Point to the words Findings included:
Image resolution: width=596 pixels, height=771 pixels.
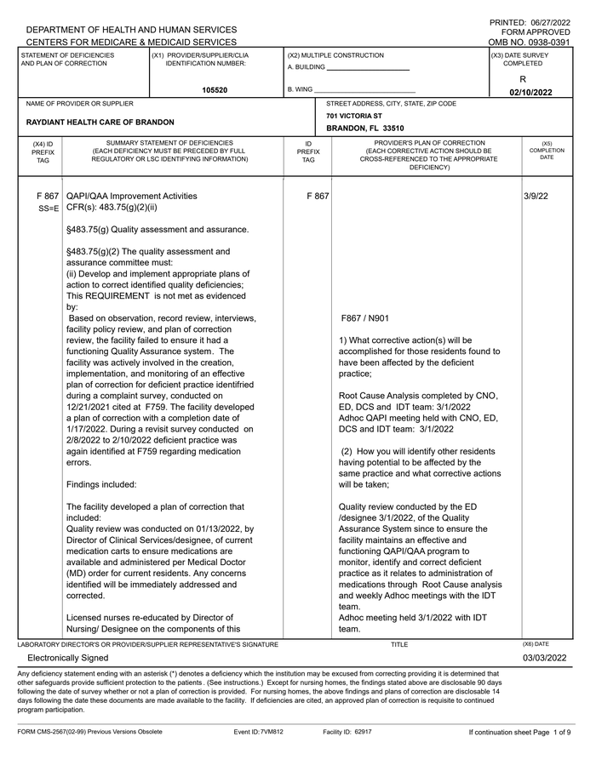click(101, 484)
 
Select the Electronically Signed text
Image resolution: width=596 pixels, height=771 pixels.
click(68, 658)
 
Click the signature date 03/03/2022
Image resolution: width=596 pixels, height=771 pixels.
click(545, 658)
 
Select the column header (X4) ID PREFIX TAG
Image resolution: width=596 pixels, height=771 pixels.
click(43, 152)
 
